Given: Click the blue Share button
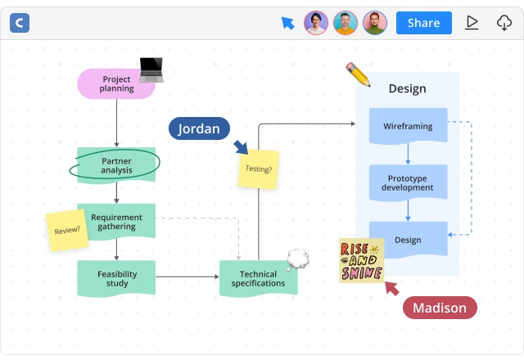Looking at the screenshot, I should (423, 23).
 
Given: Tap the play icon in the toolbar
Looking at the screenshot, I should (472, 23).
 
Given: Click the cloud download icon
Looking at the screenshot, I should (504, 23).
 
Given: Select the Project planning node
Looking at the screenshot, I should (116, 83).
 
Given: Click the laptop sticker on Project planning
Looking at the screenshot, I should (151, 69).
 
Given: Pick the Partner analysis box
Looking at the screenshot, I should (116, 165).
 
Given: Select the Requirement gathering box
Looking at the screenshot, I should (116, 221).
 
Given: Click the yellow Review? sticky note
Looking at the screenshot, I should (67, 230).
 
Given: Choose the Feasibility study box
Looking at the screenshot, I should (116, 278).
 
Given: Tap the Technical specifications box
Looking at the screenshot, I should (258, 278).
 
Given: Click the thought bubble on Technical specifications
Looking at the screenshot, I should (298, 259).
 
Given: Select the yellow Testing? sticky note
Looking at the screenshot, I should (258, 169).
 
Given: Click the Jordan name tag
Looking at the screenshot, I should (199, 128).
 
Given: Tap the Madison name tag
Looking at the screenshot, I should (440, 308).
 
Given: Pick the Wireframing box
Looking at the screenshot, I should (408, 126).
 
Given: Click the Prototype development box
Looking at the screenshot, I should (408, 182).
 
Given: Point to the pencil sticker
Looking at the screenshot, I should (358, 74).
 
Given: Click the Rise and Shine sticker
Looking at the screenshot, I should (362, 260).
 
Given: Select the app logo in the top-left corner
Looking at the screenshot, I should (20, 23).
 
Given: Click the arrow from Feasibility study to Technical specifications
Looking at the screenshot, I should (187, 277).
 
